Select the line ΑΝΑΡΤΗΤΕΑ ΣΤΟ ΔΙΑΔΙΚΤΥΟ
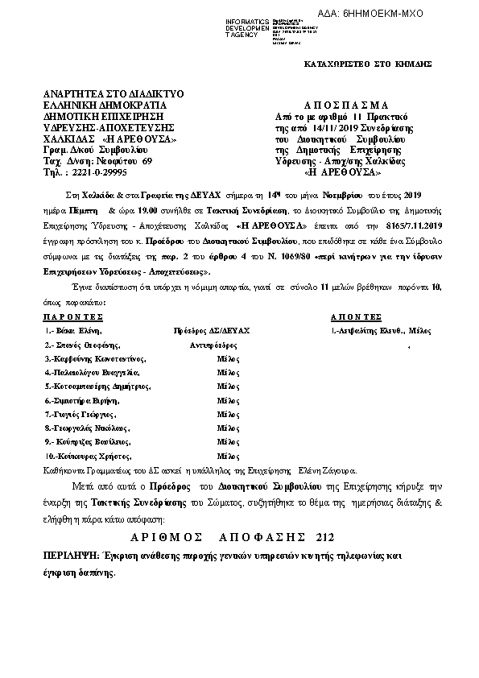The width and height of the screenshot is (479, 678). pyautogui.click(x=114, y=93)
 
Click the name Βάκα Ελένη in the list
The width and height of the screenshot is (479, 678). pyautogui.click(x=81, y=331)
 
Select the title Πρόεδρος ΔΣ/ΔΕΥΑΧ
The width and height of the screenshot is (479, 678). pyautogui.click(x=213, y=331)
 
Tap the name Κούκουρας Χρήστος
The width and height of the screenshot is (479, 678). pyautogui.click(x=89, y=456)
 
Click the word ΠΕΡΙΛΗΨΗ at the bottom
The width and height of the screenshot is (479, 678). pyautogui.click(x=71, y=556)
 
